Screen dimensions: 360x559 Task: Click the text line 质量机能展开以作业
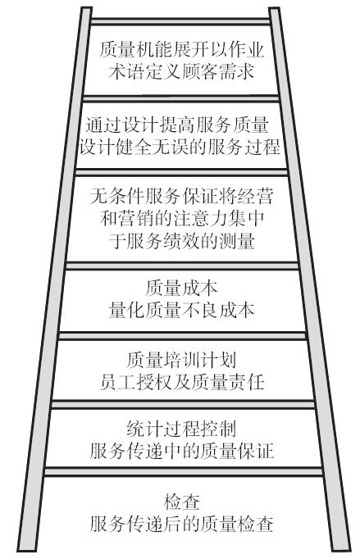pyautogui.click(x=181, y=50)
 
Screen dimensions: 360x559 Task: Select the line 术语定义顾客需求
pyautogui.click(x=181, y=71)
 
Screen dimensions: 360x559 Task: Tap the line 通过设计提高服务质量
pyautogui.click(x=177, y=125)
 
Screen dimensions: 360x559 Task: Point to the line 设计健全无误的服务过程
pyautogui.click(x=180, y=147)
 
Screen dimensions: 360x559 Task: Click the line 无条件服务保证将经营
pyautogui.click(x=181, y=196)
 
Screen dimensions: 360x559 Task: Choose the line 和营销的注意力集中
pyautogui.click(x=181, y=218)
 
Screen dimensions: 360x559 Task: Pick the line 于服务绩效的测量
pyautogui.click(x=181, y=240)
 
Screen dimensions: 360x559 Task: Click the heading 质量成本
pyautogui.click(x=181, y=288)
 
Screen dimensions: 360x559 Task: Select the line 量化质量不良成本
pyautogui.click(x=181, y=310)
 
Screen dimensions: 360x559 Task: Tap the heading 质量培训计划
pyautogui.click(x=181, y=359)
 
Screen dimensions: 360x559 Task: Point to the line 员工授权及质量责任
pyautogui.click(x=181, y=381)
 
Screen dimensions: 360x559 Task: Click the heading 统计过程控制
pyautogui.click(x=181, y=429)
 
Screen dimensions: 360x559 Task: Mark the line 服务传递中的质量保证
pyautogui.click(x=181, y=451)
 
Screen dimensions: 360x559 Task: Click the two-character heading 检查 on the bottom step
pyautogui.click(x=181, y=502)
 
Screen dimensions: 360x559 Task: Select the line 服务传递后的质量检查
pyautogui.click(x=181, y=524)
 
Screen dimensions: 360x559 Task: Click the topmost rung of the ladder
pyautogui.click(x=180, y=21)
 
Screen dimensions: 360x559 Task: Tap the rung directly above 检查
pyautogui.click(x=183, y=471)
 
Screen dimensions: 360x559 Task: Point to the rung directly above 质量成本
pyautogui.click(x=182, y=266)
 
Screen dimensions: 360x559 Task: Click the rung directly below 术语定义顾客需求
pyautogui.click(x=180, y=98)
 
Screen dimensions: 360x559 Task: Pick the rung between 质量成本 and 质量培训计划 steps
pyautogui.click(x=183, y=336)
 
